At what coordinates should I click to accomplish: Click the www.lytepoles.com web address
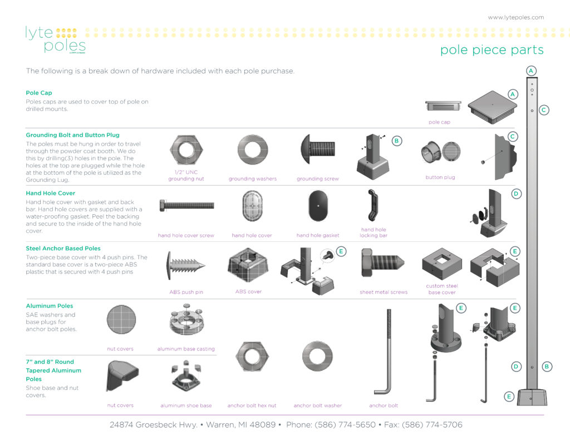[x=515, y=17]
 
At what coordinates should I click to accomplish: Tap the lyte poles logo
[x=55, y=39]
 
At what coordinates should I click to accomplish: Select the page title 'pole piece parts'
[x=492, y=50]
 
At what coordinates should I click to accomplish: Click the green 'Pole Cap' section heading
[x=39, y=93]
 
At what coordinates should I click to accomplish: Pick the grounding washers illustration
[x=252, y=150]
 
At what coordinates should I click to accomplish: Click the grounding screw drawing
[x=317, y=150]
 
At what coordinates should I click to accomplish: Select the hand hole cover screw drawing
[x=186, y=205]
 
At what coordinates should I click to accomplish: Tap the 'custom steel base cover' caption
[x=441, y=289]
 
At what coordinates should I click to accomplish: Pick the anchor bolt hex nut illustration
[x=252, y=356]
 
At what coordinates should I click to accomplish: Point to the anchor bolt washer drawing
[x=317, y=356]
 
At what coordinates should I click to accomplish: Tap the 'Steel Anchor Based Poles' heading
[x=63, y=249]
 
